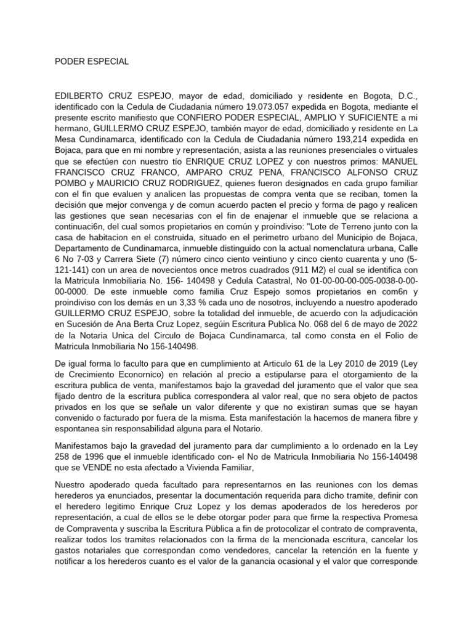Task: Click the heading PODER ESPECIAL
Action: point(92,62)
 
